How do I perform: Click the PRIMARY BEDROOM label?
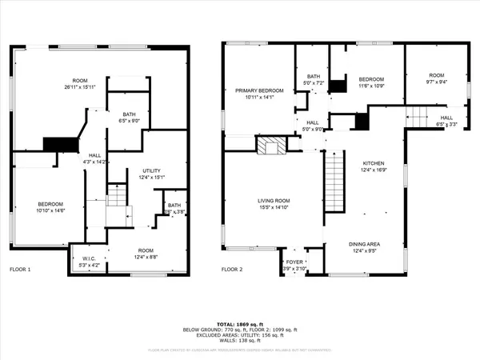pos(259,91)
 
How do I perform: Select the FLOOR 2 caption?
pos(234,270)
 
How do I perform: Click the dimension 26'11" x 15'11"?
pos(80,86)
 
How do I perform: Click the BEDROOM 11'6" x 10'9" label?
pos(371,79)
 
